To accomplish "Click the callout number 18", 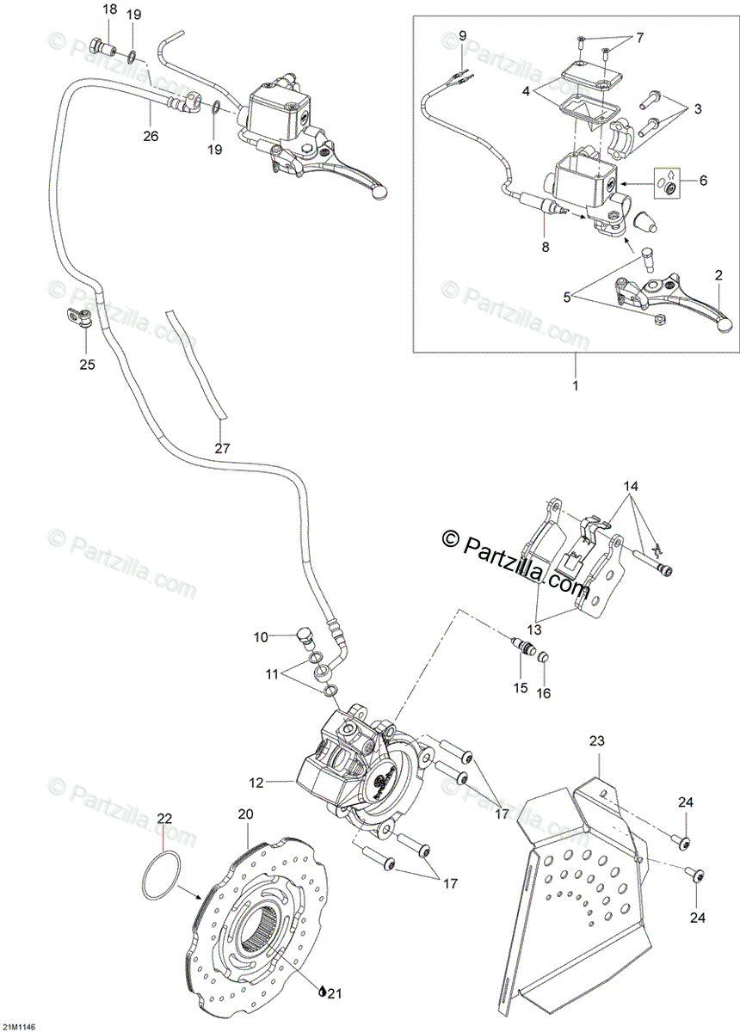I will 108,9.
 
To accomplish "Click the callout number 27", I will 223,447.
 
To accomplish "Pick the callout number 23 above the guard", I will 598,740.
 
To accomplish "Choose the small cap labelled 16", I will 542,660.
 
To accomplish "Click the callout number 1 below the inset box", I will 575,384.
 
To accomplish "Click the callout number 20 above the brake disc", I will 245,814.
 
